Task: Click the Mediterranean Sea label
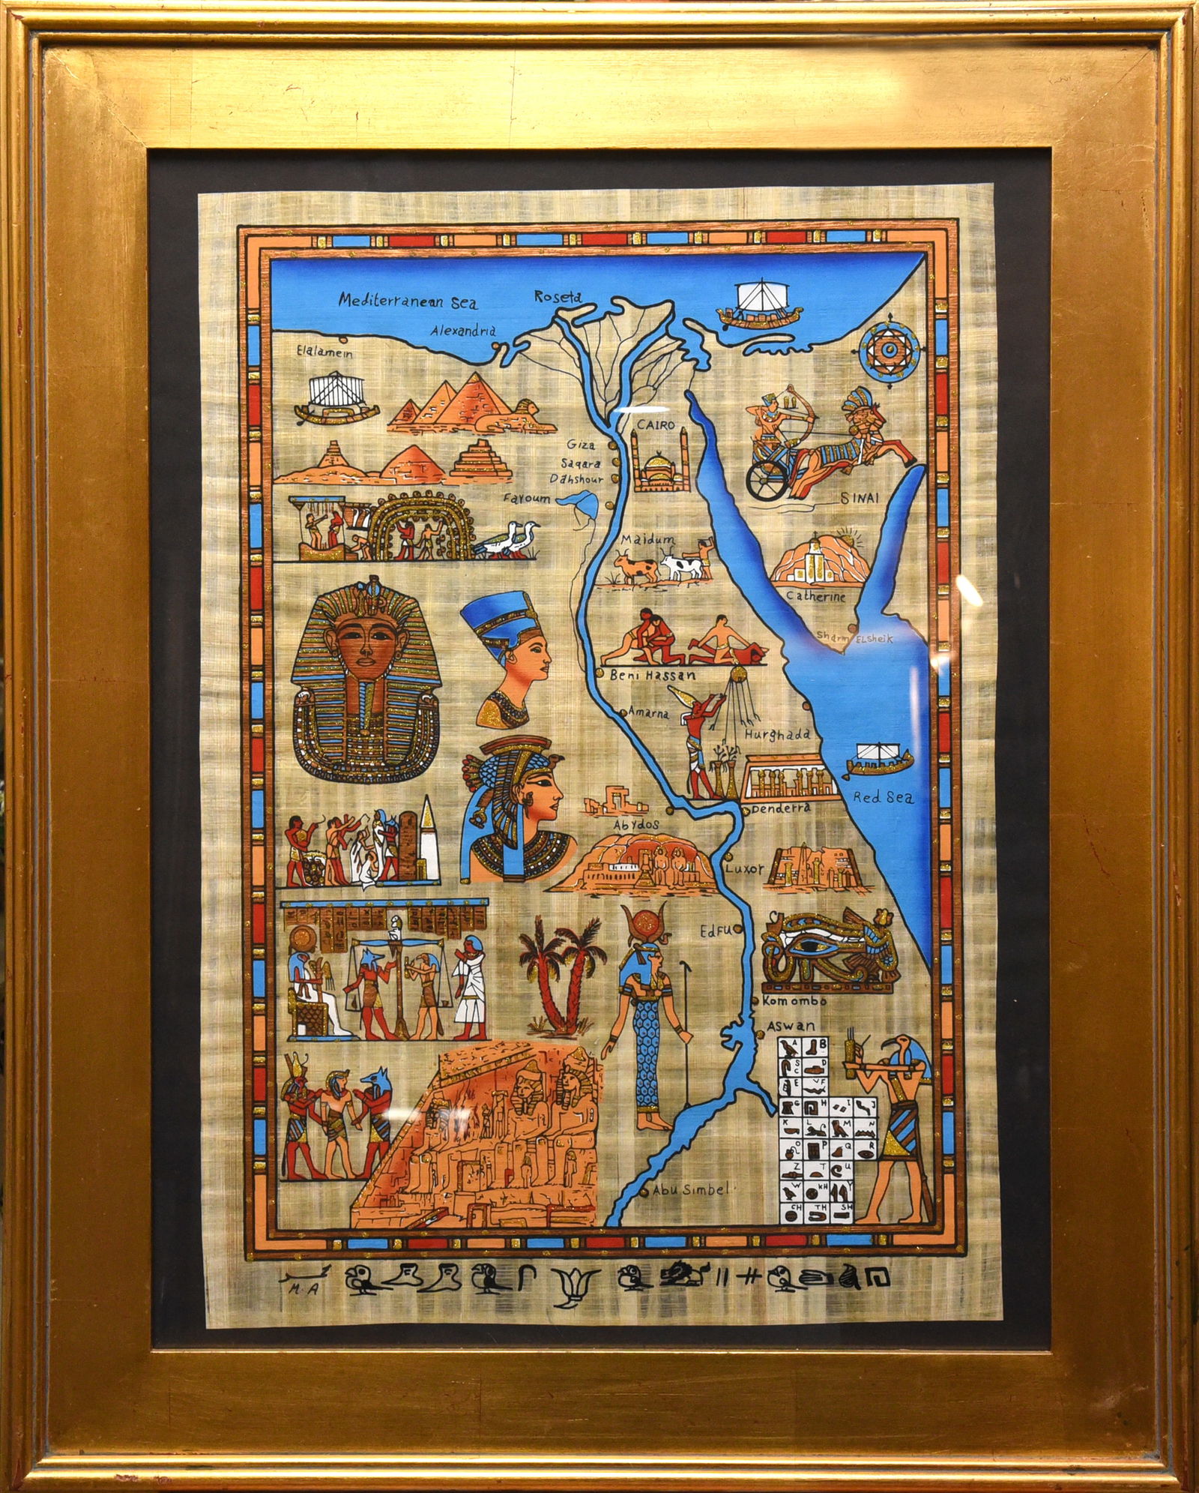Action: tap(407, 301)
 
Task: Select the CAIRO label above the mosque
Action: tap(656, 425)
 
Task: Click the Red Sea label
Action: tap(884, 798)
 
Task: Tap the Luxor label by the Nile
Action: tap(744, 868)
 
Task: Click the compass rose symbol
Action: tap(890, 349)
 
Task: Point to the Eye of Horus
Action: tap(822, 949)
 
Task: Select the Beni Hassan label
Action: tap(653, 675)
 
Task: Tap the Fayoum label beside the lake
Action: tap(527, 498)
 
